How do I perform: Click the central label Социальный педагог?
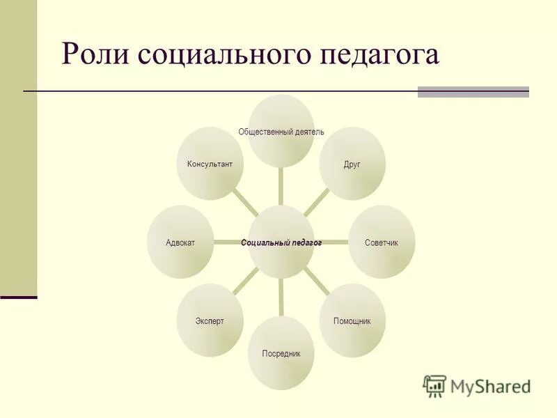click(x=281, y=243)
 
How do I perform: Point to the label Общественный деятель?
click(x=281, y=132)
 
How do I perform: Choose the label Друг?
click(x=352, y=164)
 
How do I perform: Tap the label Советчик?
click(x=381, y=243)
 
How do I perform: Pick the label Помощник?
click(x=352, y=321)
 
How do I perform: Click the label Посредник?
click(x=281, y=354)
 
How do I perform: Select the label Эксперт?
click(x=210, y=321)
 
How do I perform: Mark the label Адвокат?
click(x=180, y=243)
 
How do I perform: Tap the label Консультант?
click(x=210, y=164)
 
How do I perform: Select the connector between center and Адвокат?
click(x=230, y=242)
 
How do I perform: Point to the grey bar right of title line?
click(x=473, y=91)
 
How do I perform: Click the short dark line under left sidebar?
click(x=18, y=297)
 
